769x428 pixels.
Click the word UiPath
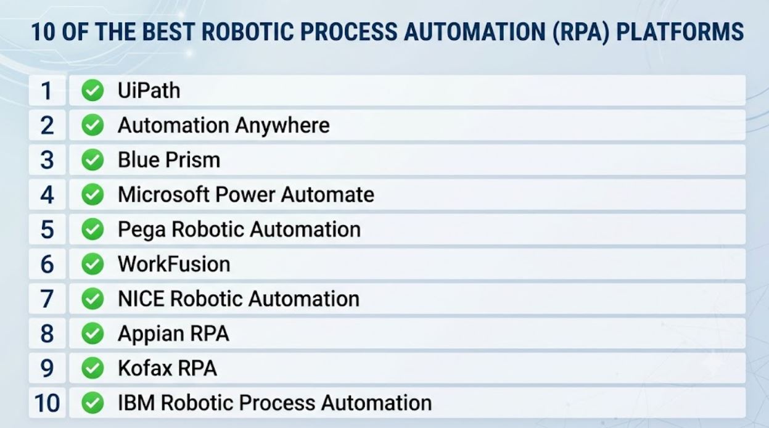[149, 91]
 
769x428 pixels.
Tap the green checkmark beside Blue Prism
[93, 160]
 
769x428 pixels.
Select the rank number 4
[47, 195]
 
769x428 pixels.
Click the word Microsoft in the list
[163, 195]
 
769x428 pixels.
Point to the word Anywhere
[282, 126]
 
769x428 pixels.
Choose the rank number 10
[47, 403]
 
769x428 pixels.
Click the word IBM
[136, 403]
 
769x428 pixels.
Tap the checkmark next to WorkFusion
[93, 264]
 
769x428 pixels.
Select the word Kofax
[145, 368]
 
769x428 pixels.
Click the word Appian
[150, 334]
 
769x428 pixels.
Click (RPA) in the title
[581, 32]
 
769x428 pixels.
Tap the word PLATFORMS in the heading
[680, 32]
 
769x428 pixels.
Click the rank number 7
[47, 299]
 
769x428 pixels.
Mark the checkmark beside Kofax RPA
[93, 368]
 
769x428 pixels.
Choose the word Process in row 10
[277, 403]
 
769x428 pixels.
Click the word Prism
[192, 160]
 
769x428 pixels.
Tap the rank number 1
[47, 91]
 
